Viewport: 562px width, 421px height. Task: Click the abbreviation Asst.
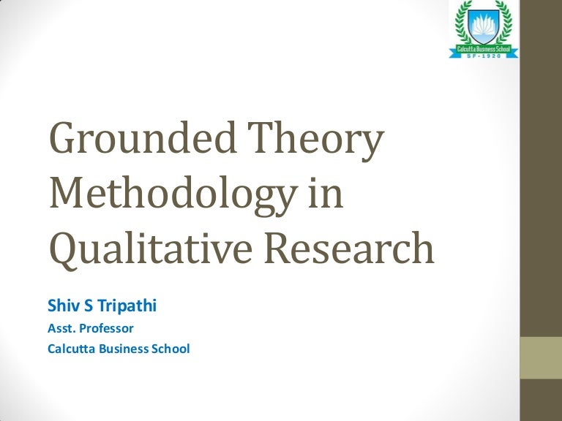[x=61, y=328]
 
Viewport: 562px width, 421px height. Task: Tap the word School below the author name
[x=173, y=349]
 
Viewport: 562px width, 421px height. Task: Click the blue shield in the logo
[x=485, y=29]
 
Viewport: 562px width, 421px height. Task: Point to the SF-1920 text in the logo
[x=485, y=55]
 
